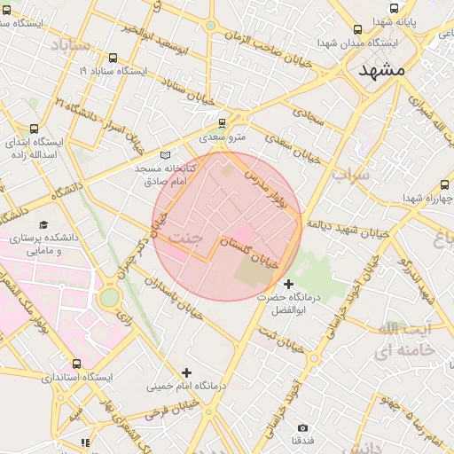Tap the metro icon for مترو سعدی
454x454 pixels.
[x=222, y=123]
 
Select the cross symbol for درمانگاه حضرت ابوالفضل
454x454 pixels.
[x=287, y=283]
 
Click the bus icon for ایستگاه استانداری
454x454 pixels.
[x=75, y=364]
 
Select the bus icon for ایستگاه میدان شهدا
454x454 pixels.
[x=357, y=29]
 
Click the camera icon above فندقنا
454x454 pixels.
[x=302, y=427]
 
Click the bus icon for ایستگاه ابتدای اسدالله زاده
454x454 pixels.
[x=34, y=129]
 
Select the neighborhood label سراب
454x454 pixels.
[x=349, y=175]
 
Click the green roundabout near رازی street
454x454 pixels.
[x=109, y=298]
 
